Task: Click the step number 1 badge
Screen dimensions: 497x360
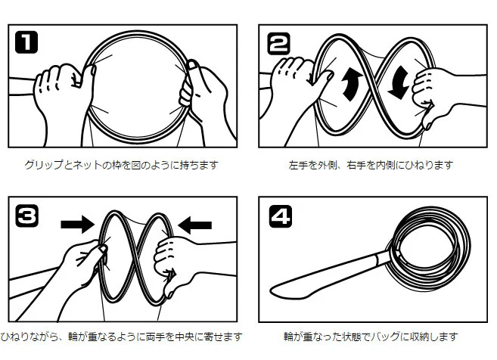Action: coord(26,42)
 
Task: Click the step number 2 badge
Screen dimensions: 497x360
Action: coord(278,43)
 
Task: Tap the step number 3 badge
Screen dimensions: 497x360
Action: coord(27,216)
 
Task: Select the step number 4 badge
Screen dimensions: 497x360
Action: coord(281,216)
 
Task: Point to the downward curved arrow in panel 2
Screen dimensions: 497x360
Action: coord(399,82)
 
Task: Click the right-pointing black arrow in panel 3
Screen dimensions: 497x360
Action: coord(78,225)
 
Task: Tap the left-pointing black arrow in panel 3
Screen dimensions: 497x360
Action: coord(194,225)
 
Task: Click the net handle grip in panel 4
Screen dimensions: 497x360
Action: coord(327,275)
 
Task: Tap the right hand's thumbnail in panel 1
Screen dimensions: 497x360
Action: coord(192,65)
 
